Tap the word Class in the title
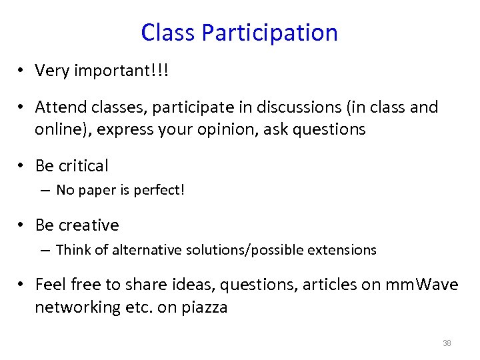pos(168,33)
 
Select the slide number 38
pos(447,343)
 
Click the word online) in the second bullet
pos(63,129)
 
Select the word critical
pos(83,165)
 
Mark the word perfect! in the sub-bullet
pos(159,190)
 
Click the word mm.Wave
pos(421,285)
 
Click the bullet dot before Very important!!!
pos(22,71)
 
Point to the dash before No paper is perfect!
pos(45,191)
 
